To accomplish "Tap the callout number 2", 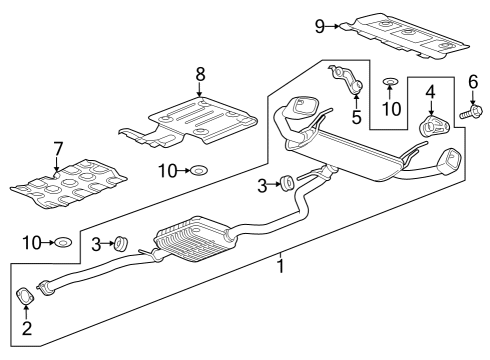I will pyautogui.click(x=26, y=327).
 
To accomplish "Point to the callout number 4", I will pyautogui.click(x=430, y=92).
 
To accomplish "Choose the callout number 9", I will pyautogui.click(x=321, y=27).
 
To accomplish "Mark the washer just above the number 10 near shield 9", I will pyautogui.click(x=390, y=82).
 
